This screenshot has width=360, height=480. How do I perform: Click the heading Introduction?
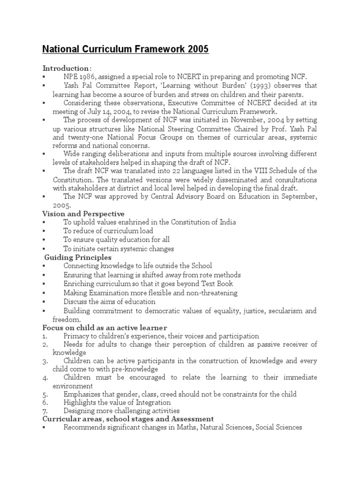click(66, 68)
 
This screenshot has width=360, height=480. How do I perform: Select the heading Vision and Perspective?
click(83, 214)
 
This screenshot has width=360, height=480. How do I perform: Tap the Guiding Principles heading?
click(78, 257)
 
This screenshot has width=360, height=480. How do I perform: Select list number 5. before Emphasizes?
click(45, 394)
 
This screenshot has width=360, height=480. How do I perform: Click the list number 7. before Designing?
click(45, 411)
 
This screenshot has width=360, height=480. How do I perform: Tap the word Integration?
click(150, 403)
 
